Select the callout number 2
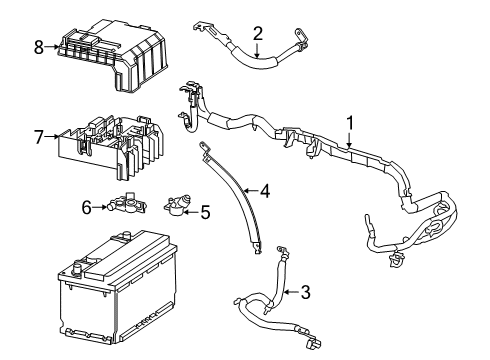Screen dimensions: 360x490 click(257, 33)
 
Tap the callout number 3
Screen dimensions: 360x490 click(307, 293)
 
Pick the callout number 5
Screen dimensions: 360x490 click(205, 211)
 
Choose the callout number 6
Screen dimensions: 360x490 click(87, 206)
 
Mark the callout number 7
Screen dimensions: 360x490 click(39, 136)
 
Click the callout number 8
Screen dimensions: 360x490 click(39, 47)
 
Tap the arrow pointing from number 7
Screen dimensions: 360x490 click(53, 136)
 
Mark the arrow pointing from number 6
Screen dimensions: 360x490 click(99, 206)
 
